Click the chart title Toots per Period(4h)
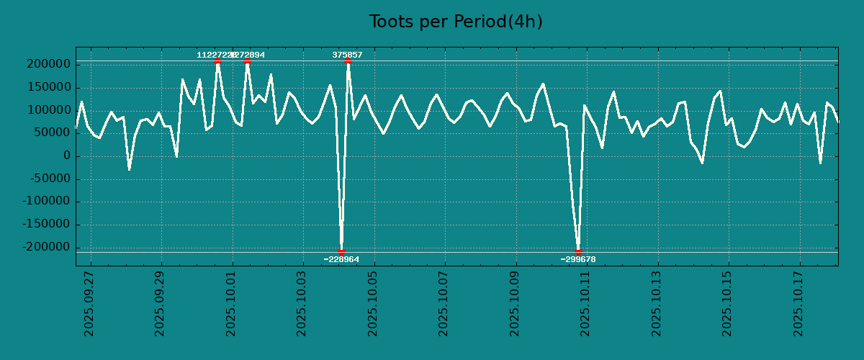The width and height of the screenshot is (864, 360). (456, 22)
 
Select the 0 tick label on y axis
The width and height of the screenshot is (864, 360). (67, 156)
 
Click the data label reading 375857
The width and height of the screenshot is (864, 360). (347, 55)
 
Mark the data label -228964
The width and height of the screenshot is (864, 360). (341, 259)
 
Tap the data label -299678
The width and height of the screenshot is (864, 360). (579, 259)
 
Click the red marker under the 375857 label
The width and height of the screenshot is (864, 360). (348, 61)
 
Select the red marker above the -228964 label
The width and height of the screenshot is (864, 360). (341, 252)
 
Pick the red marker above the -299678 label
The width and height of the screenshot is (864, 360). (578, 252)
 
